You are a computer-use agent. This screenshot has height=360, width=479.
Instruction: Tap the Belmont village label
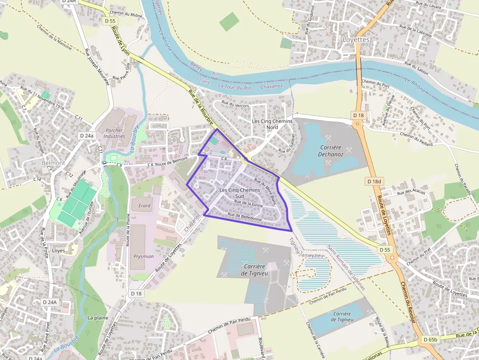point(54,163)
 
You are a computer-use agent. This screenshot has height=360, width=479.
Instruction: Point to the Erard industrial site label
point(144,206)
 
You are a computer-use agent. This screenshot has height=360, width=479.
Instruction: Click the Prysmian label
point(144,256)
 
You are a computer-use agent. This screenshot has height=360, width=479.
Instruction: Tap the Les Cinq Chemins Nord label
point(272,124)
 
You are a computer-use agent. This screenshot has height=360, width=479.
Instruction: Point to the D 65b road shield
point(431,339)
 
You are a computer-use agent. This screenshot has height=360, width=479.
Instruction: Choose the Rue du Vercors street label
point(235,105)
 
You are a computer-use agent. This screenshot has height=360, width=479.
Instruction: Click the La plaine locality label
point(97,318)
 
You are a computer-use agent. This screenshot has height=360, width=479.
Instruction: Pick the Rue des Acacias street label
point(411,192)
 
